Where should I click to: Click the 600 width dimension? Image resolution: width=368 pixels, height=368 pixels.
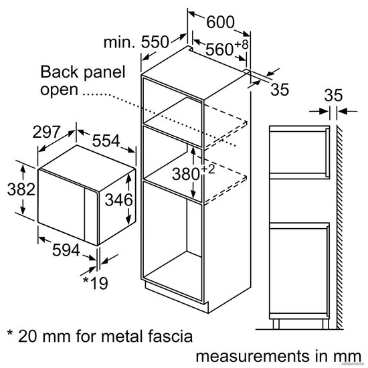220,22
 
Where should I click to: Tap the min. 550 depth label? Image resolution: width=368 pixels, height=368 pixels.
136,42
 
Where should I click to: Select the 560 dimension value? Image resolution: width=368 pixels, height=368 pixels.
219,50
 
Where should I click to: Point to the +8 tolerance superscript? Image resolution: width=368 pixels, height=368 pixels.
241,44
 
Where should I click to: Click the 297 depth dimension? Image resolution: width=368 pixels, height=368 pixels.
46,132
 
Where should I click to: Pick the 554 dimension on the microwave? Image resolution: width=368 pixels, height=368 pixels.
106,141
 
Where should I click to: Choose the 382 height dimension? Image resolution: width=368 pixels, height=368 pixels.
21,189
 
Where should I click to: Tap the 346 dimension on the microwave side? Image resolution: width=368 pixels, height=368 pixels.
118,200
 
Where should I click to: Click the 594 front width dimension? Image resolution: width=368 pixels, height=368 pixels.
66,250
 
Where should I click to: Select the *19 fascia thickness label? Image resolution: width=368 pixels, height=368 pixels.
96,283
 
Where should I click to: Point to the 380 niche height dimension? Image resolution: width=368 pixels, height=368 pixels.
186,175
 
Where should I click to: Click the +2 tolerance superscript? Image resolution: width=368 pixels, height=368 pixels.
207,169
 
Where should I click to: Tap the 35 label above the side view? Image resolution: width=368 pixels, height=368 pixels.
333,95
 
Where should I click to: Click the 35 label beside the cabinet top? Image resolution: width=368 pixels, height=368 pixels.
280,90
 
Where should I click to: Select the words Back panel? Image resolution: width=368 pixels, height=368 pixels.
83,72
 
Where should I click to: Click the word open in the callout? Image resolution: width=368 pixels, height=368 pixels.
59,90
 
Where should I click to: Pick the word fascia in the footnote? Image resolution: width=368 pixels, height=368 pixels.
171,336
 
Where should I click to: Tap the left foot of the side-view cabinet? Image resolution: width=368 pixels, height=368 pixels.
276,324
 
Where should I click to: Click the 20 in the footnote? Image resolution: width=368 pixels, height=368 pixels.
27,336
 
